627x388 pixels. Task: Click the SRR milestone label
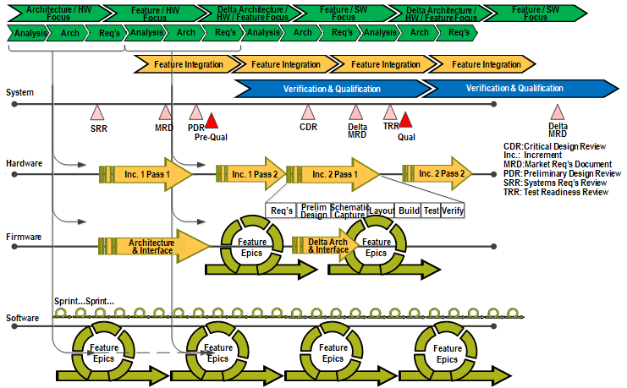(99, 128)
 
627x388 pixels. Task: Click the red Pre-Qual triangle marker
(212, 120)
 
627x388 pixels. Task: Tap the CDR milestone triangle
(308, 112)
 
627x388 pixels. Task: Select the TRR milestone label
(390, 126)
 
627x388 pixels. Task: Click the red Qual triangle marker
(406, 120)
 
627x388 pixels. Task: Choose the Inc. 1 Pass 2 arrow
(251, 174)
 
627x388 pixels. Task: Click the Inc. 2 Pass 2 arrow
(437, 174)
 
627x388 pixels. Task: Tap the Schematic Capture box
(348, 210)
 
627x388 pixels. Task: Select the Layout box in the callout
(382, 210)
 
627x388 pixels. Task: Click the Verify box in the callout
(453, 210)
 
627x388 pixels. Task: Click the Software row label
(23, 319)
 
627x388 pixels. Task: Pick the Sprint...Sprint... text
(84, 302)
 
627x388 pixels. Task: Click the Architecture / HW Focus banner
(60, 13)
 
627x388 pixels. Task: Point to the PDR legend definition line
(562, 173)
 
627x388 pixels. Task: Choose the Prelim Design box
(314, 210)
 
